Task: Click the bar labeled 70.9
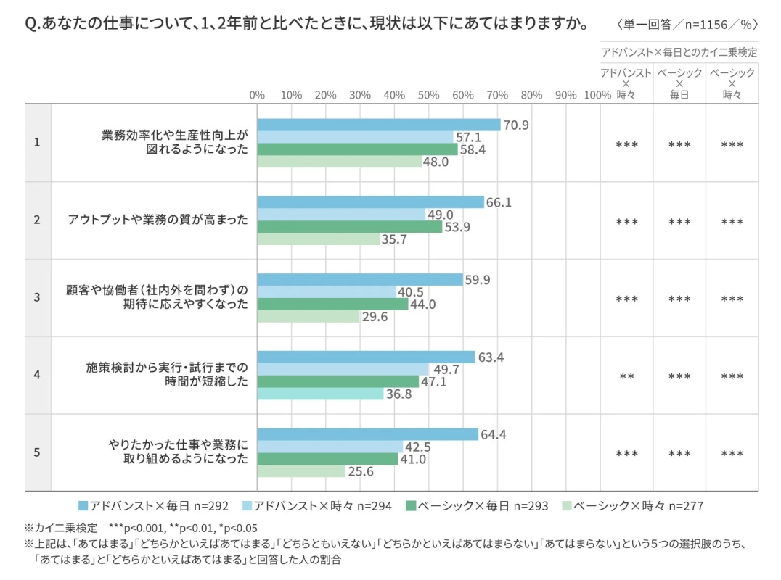pos(379,125)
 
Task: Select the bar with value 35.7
pos(319,239)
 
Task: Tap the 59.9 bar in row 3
pos(360,280)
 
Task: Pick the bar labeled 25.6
pos(301,471)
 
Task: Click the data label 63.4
pos(489,357)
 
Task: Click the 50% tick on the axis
pos(428,95)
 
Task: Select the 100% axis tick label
pos(597,95)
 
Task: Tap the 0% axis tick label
pos(257,95)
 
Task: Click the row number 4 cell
pos(37,375)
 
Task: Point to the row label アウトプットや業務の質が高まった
pos(158,220)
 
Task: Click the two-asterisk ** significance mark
pos(626,377)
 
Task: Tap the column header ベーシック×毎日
pos(679,83)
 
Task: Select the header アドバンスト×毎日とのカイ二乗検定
pos(679,52)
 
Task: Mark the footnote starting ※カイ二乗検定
pos(142,528)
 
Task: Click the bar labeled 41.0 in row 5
pos(327,459)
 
